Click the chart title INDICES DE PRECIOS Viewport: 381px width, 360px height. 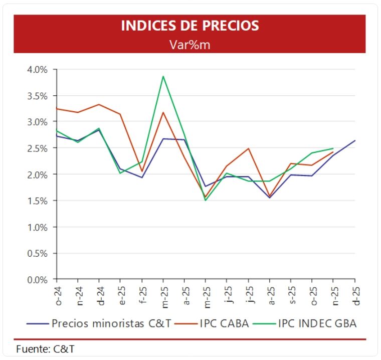(190, 26)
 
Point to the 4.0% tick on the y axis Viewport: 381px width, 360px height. (37, 69)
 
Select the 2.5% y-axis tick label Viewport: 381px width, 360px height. (37, 148)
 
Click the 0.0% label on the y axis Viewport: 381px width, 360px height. (37, 280)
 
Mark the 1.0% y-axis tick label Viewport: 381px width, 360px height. (37, 227)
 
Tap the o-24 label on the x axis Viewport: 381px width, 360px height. (57, 294)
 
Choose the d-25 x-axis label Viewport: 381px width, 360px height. (355, 294)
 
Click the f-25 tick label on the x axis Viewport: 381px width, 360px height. (142, 294)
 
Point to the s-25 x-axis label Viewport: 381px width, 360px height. (291, 294)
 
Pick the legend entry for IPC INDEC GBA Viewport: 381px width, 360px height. (314, 323)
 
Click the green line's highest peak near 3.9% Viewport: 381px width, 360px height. (163, 76)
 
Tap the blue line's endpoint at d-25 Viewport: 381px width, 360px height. (355, 140)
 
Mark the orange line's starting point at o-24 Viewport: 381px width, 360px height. (57, 108)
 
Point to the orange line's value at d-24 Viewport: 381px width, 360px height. (99, 104)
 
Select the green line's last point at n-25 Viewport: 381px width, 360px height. (333, 148)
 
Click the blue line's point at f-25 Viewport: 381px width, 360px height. (142, 177)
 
